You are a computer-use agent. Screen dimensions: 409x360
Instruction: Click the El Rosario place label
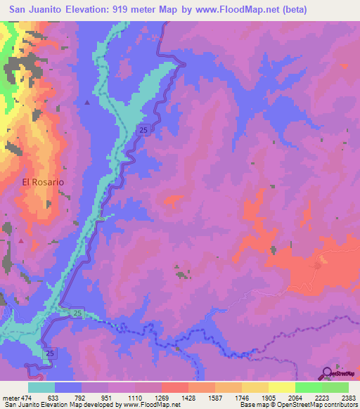pos(43,181)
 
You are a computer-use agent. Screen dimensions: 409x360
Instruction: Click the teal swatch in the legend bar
pos(41,387)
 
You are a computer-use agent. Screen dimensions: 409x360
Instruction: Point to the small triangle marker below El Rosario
pos(21,241)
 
